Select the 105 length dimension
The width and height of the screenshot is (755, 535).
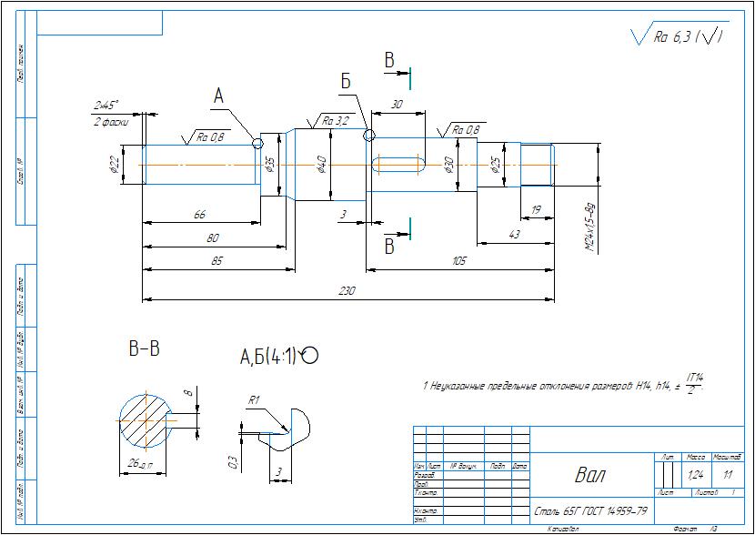point(458,261)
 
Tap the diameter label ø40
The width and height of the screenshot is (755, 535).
point(321,164)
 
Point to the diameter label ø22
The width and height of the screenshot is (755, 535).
point(114,165)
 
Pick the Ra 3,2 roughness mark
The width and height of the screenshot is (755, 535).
point(333,121)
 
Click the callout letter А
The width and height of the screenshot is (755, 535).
point(218,96)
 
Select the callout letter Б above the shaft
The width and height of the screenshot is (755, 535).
point(346,83)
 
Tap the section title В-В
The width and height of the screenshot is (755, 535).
point(145,348)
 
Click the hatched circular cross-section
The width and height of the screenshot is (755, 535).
point(146,421)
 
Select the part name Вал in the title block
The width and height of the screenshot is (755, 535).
point(589,475)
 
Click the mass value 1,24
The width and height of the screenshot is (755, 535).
point(697,475)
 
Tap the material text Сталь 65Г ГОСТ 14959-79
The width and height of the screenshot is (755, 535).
point(590,510)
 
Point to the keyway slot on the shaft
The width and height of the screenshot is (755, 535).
point(398,165)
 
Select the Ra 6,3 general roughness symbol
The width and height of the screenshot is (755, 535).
point(679,37)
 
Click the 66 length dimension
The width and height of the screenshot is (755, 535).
point(199,214)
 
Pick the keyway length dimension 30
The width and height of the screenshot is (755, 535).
point(396,105)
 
